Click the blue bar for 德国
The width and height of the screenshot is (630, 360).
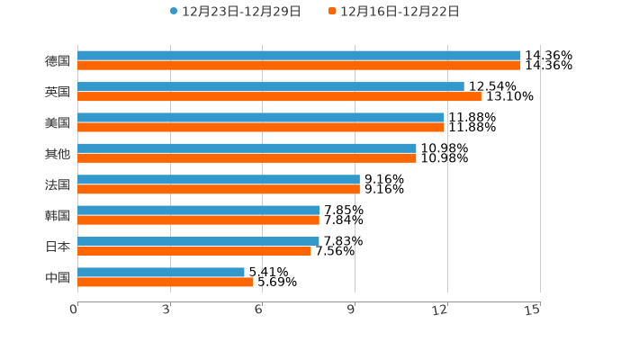(x=299, y=56)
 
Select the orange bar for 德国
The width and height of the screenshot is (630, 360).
(x=299, y=66)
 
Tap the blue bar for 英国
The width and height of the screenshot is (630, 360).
(x=270, y=86)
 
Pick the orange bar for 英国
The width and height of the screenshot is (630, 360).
(x=279, y=96)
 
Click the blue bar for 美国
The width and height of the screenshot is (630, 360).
(x=261, y=117)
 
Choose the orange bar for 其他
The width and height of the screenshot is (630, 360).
(x=247, y=158)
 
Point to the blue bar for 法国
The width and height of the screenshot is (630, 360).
(x=219, y=179)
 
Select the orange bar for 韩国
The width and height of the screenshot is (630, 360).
(x=198, y=220)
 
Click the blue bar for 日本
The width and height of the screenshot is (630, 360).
(x=198, y=241)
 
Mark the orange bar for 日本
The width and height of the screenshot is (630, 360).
(x=194, y=251)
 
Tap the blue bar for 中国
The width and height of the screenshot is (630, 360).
(x=161, y=272)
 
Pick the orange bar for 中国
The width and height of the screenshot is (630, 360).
(x=165, y=282)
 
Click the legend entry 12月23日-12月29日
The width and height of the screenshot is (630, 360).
(x=236, y=12)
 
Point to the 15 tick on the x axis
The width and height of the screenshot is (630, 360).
(x=533, y=310)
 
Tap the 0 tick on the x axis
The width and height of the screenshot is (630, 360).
(x=75, y=310)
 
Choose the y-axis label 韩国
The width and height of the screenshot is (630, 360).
(x=58, y=215)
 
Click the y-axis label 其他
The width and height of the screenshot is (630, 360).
(x=58, y=153)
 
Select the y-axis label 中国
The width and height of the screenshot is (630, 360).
(x=58, y=277)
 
